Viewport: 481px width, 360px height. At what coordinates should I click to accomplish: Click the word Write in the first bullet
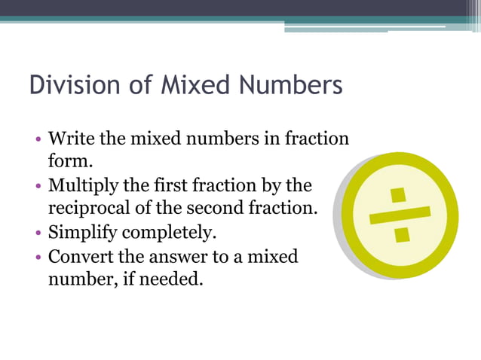tap(69, 139)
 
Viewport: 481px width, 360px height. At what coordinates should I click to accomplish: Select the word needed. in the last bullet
tap(170, 279)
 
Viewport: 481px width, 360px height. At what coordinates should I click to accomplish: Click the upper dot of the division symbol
tap(398, 194)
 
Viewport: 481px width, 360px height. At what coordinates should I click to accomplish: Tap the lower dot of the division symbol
tap(402, 234)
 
